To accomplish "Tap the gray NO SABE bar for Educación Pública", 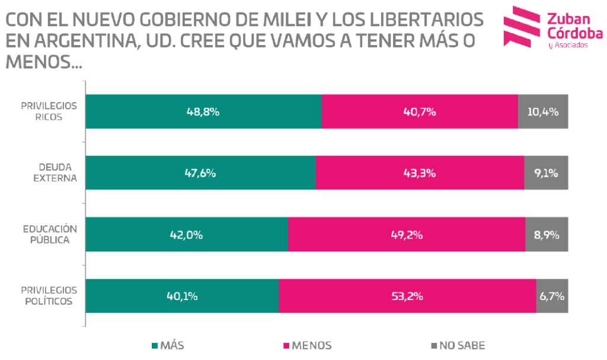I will coord(546,234).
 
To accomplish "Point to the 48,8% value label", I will coord(203,111).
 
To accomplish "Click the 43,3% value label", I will coord(420,173).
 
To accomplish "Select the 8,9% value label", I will coord(547,235).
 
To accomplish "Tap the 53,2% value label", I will coord(407,296).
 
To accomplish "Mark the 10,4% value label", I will coord(543,111).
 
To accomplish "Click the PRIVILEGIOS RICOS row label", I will coord(49,111).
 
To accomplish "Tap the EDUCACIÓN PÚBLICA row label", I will coord(50,234).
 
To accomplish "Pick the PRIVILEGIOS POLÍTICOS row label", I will coord(49,295).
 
